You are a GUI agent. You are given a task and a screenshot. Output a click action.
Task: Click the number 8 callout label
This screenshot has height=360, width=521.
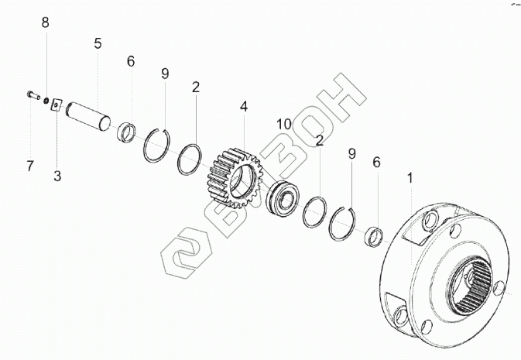point(45,22)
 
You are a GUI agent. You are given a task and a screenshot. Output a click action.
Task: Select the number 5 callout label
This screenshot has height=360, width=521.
point(98,43)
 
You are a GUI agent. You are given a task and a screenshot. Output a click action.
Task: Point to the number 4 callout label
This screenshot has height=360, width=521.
point(244,107)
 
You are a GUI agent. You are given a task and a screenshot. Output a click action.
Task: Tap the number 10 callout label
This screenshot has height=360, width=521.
point(283,123)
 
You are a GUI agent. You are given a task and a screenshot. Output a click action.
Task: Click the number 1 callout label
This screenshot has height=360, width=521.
point(410,178)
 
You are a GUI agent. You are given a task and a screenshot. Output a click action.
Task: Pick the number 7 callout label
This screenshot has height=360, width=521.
point(30,165)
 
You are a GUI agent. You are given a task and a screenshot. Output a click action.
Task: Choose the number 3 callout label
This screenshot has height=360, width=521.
point(57,176)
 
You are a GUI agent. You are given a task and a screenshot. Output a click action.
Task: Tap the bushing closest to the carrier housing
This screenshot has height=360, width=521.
point(375,235)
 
